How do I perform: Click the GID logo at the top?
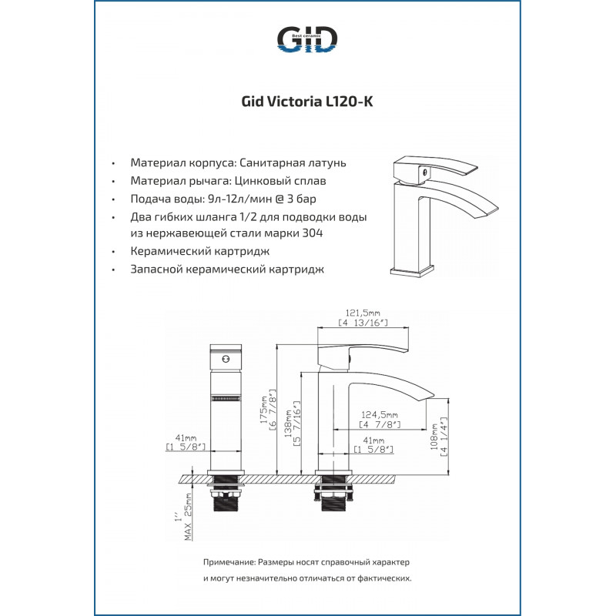click(x=307, y=39)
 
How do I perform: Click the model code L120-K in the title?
click(x=350, y=102)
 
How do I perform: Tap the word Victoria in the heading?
click(x=295, y=102)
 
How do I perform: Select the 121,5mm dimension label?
click(x=363, y=313)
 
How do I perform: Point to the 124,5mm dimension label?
click(x=380, y=414)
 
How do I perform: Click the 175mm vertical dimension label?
click(x=263, y=410)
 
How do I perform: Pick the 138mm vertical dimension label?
click(x=288, y=423)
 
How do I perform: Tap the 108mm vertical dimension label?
click(x=434, y=437)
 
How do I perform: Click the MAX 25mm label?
click(x=188, y=517)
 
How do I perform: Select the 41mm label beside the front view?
click(x=186, y=437)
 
